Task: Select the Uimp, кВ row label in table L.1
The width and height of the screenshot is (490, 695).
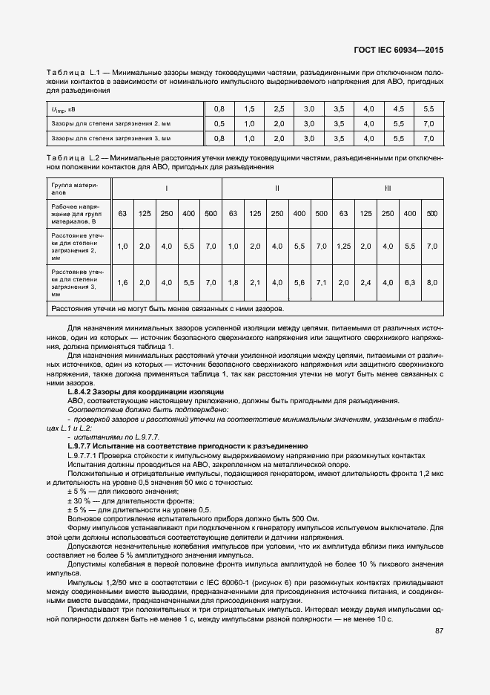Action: [x=62, y=108]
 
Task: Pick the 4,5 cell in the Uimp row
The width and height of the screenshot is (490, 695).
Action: [x=399, y=108]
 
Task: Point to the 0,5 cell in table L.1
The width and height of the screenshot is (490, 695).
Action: [x=219, y=123]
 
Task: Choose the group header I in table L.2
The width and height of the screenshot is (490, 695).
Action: [x=166, y=188]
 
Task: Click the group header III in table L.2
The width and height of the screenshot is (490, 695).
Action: [x=388, y=188]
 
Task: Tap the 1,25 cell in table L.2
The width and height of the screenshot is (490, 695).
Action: [x=343, y=246]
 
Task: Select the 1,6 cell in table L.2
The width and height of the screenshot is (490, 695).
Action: [x=123, y=282]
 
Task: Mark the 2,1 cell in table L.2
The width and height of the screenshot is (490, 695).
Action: [x=255, y=282]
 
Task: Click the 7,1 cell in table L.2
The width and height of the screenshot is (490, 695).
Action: [x=321, y=282]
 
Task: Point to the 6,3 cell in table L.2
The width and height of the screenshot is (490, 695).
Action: [x=410, y=282]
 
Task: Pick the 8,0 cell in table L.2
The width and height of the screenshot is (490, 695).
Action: [x=432, y=282]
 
